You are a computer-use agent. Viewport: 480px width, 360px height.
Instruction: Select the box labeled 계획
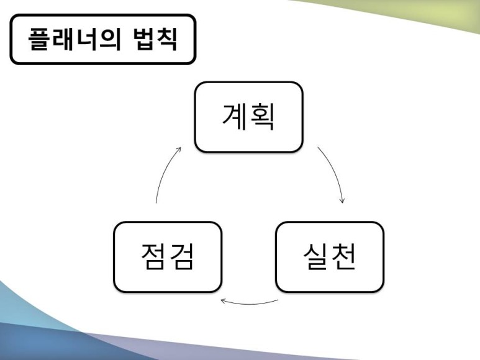point(249,117)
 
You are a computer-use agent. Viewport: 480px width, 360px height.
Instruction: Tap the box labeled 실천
point(330,256)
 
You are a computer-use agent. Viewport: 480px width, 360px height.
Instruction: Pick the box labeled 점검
point(168,256)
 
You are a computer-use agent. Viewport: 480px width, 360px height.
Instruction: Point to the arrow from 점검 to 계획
point(165,174)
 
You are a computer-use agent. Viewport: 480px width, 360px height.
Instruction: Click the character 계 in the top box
point(235,117)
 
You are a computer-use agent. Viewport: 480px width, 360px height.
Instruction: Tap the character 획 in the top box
point(263,117)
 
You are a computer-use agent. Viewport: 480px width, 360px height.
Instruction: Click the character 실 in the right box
point(315,256)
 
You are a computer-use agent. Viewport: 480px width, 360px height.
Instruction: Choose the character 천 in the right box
point(344,256)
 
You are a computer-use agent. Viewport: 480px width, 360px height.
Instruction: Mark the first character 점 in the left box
point(153,256)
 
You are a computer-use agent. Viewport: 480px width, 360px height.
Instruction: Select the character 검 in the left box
point(182,256)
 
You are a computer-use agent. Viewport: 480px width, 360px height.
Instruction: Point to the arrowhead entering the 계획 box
point(179,150)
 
